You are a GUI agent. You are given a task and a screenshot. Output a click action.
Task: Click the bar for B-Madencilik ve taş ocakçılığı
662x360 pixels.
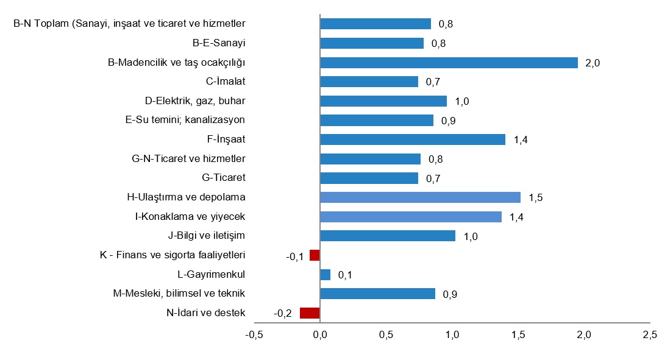(449, 63)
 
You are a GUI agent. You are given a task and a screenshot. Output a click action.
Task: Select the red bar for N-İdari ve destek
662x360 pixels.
(310, 313)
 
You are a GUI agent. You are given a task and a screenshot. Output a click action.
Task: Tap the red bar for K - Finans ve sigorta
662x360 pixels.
(315, 255)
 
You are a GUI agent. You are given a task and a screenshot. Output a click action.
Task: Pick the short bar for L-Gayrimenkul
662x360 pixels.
(325, 275)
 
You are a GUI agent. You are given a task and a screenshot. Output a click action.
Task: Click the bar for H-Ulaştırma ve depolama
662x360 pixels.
(420, 197)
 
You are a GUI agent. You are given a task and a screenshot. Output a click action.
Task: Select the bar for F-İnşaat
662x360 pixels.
(413, 139)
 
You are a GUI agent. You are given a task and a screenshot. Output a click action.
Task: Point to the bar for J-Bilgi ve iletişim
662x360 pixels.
(388, 236)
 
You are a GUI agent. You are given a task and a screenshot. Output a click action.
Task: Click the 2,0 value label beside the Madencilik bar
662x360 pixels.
(593, 63)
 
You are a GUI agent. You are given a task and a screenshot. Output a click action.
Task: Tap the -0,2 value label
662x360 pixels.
(283, 314)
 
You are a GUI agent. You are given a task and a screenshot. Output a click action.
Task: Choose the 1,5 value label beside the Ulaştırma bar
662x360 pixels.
(535, 197)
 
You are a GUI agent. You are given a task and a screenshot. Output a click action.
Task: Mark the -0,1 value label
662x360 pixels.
(294, 256)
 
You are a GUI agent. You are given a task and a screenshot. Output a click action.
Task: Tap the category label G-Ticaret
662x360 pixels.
(223, 178)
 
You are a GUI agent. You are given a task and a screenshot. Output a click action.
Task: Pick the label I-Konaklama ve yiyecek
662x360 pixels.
(190, 216)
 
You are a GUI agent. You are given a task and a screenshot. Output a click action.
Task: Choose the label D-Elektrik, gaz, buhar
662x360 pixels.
(195, 101)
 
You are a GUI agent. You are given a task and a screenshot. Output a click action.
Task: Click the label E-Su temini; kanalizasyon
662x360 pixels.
(185, 120)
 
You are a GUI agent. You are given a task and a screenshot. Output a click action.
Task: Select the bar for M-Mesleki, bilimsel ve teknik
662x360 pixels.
(377, 294)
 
